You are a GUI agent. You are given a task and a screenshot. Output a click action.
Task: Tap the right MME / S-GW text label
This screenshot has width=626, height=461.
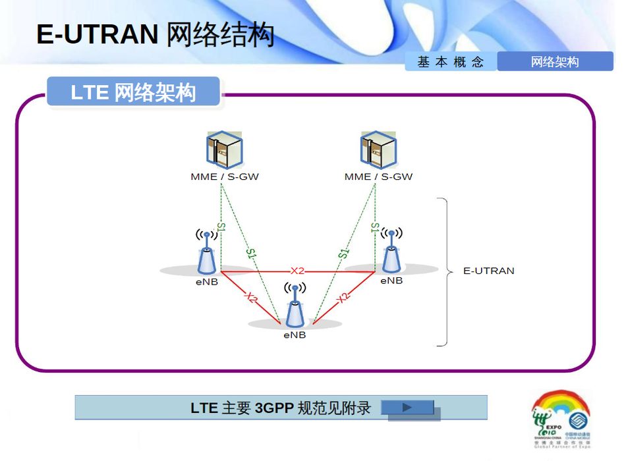pos(378,176)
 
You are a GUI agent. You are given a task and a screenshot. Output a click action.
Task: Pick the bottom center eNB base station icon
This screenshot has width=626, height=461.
pos(295,308)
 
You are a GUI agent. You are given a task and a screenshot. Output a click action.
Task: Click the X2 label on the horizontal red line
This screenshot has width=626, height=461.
pos(298,271)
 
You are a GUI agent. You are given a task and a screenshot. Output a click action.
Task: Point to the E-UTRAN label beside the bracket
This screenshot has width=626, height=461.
pos(488,271)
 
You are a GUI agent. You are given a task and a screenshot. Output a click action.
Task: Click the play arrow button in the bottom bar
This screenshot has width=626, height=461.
pos(408,408)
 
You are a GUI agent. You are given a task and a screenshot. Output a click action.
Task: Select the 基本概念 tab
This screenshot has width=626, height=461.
pos(451,62)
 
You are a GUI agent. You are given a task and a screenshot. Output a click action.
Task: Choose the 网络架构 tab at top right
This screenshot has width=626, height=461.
pos(555,62)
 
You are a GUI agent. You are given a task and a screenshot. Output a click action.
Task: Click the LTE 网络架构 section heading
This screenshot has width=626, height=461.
pos(133,92)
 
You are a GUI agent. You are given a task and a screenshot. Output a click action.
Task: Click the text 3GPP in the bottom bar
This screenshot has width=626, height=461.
pos(273,408)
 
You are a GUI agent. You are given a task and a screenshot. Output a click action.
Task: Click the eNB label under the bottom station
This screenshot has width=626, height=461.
pos(295,335)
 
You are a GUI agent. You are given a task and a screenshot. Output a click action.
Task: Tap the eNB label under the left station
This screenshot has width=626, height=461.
pos(206,282)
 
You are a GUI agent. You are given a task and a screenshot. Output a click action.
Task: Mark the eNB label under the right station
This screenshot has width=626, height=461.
pos(391,281)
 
